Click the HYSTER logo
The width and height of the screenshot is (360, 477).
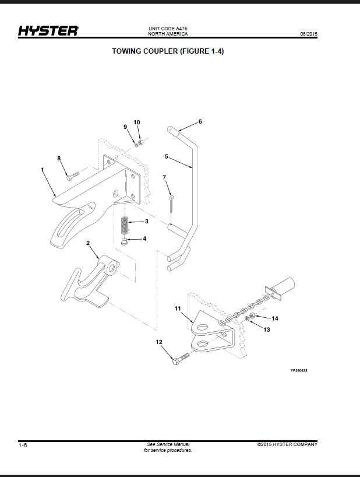coord(48,31)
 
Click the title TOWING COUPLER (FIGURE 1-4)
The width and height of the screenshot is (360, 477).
coord(168,51)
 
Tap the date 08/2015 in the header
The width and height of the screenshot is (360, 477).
coord(309,34)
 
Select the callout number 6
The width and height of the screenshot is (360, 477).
coord(200,122)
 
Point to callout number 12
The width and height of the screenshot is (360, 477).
coord(159,342)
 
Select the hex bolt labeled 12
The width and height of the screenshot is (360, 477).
coord(181,358)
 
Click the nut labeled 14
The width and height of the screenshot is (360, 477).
coord(252,315)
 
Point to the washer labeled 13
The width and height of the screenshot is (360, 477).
coord(248,318)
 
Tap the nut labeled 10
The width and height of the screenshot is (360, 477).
coord(140,142)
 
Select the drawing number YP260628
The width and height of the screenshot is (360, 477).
coord(299,370)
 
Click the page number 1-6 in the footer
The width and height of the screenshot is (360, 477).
coord(23,446)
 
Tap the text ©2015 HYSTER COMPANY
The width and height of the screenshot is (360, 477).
coord(287,444)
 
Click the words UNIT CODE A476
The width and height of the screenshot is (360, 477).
coord(168,29)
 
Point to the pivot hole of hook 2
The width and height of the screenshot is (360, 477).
coord(112,268)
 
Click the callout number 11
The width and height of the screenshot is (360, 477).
coord(178,308)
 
